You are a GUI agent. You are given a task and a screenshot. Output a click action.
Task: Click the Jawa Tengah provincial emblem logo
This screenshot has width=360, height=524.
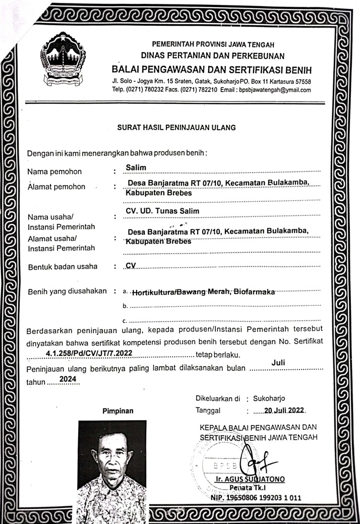coord(63,59)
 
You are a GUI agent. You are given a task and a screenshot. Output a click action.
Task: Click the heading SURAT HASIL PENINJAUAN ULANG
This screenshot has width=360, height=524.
coord(176,128)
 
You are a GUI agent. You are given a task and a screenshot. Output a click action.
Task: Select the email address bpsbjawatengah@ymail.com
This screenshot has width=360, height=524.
coord(275,90)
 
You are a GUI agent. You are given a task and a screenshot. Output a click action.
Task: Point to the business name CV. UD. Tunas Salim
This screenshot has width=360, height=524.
coord(162,211)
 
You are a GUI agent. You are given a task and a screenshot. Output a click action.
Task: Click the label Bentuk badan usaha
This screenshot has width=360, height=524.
coord(63,267)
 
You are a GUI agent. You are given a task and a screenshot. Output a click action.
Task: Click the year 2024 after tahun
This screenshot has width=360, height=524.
coord(68,379)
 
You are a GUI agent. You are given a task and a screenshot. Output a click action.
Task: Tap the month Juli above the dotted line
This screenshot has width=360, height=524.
coord(279,363)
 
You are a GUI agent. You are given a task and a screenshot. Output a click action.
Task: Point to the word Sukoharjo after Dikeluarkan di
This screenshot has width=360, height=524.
coord(272,398)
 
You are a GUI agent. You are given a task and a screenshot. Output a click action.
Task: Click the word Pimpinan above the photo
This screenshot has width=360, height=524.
coord(118,411)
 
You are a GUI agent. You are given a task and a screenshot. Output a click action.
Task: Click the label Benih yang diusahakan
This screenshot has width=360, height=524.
coord(67,291)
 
